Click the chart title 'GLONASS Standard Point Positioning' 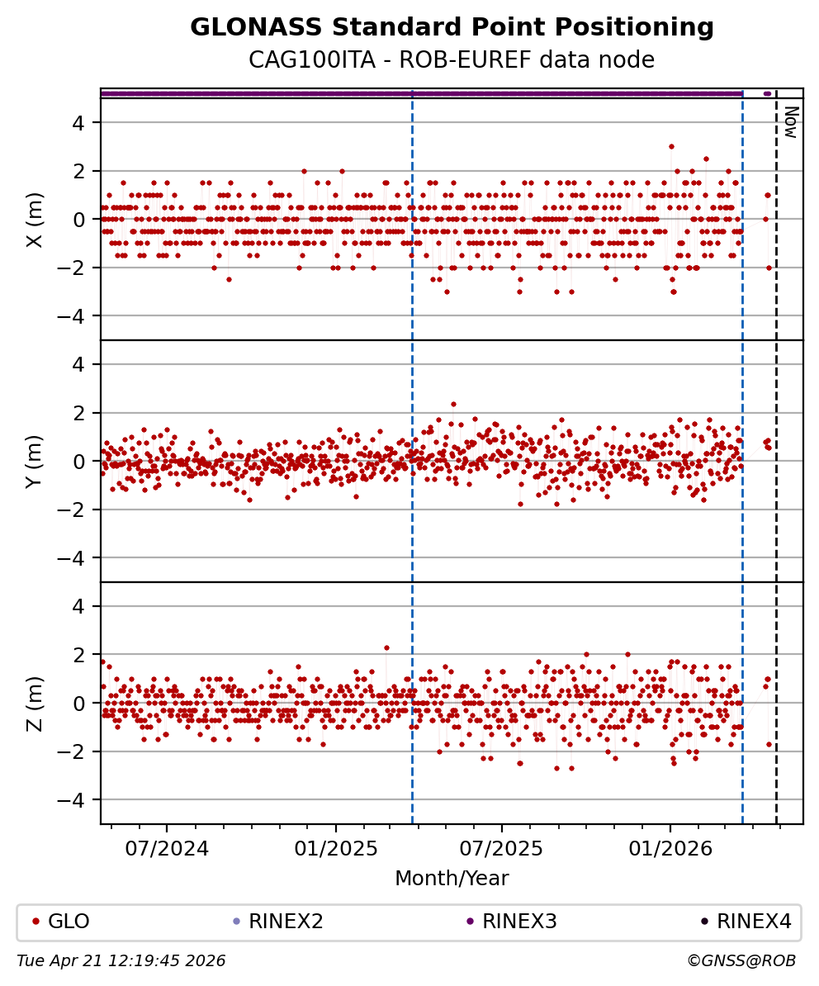pyautogui.click(x=452, y=28)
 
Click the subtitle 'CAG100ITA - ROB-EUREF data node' pyautogui.click(x=452, y=60)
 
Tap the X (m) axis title pyautogui.click(x=35, y=220)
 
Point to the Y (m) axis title pyautogui.click(x=35, y=461)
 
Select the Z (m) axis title pyautogui.click(x=35, y=703)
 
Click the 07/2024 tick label pyautogui.click(x=167, y=848)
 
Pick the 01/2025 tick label pyautogui.click(x=336, y=848)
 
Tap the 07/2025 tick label pyautogui.click(x=501, y=848)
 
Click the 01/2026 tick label pyautogui.click(x=670, y=848)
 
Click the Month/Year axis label pyautogui.click(x=452, y=878)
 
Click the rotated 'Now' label pyautogui.click(x=791, y=121)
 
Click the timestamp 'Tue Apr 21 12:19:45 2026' pyautogui.click(x=121, y=960)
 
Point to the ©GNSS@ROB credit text pyautogui.click(x=741, y=960)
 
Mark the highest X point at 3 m pyautogui.click(x=671, y=146)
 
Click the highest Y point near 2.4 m pyautogui.click(x=453, y=404)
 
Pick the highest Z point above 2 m pyautogui.click(x=386, y=647)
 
